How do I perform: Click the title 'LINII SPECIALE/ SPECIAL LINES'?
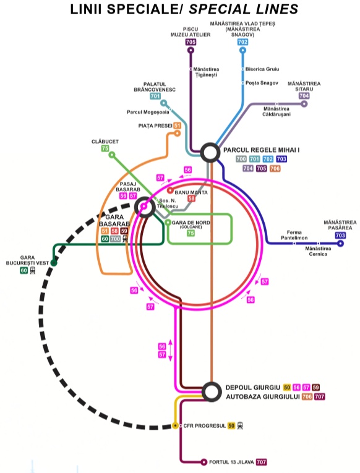click(184, 9)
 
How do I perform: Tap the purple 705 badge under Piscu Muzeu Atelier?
click(191, 42)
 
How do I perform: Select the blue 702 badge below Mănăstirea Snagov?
click(242, 42)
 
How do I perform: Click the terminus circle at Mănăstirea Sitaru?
click(304, 104)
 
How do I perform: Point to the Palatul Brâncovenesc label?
click(155, 87)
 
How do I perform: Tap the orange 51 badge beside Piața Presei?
click(177, 126)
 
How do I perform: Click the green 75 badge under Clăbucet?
click(105, 148)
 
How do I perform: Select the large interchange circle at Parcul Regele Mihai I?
click(210, 153)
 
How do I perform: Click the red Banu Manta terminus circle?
click(170, 190)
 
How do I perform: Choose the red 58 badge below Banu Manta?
click(191, 198)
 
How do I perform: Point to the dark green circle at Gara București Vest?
click(54, 263)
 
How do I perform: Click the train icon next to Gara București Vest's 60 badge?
click(32, 270)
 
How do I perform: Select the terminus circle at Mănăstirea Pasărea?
click(340, 243)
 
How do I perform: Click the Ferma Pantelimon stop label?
click(294, 235)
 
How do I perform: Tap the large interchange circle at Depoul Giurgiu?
click(211, 391)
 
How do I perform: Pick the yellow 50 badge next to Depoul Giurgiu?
click(286, 387)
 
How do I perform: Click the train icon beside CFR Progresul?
click(240, 425)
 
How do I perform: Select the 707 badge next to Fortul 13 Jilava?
click(261, 462)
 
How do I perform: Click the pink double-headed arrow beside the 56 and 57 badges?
click(170, 350)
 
